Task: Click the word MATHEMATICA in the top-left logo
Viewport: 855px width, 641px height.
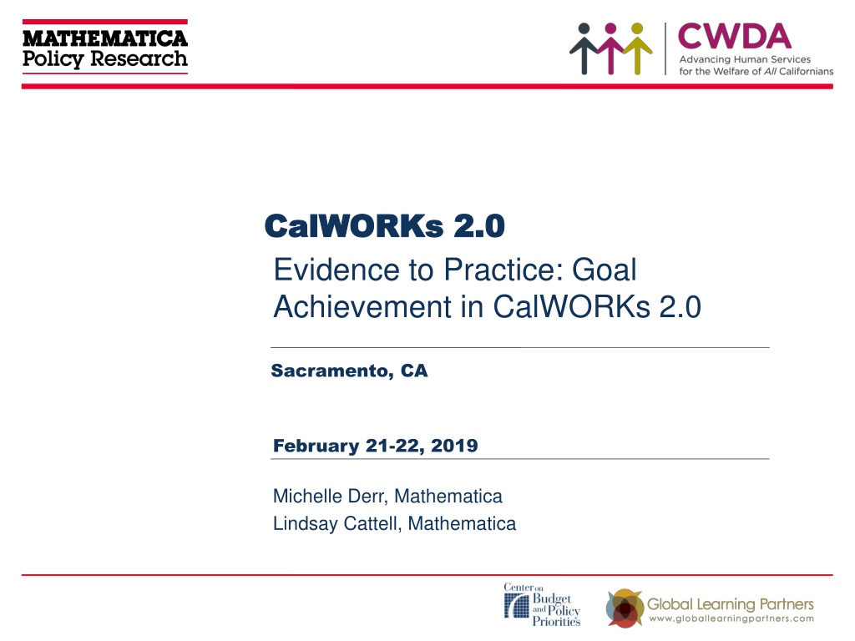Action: click(105, 38)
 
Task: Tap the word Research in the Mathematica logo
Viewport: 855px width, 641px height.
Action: click(139, 58)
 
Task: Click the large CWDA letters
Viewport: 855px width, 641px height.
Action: click(735, 37)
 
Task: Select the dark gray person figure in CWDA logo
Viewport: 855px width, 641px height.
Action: click(584, 48)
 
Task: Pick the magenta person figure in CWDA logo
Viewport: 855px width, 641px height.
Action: click(610, 48)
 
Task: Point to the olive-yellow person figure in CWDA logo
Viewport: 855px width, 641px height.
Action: click(637, 48)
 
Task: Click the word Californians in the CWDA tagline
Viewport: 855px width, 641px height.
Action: click(806, 72)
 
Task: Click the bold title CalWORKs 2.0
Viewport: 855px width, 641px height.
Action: click(385, 225)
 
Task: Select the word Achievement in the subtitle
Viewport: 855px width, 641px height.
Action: click(363, 306)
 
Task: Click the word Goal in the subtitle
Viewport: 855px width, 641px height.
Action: click(605, 270)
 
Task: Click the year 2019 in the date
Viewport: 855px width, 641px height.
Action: click(454, 446)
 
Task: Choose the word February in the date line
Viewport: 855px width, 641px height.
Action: click(316, 446)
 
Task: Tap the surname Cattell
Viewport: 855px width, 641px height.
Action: click(373, 524)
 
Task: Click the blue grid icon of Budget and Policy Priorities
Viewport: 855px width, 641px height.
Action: click(516, 605)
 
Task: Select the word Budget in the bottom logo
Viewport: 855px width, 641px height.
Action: click(552, 599)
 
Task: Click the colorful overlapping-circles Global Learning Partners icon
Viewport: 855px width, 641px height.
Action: click(625, 608)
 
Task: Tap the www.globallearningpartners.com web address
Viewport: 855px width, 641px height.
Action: click(731, 618)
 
